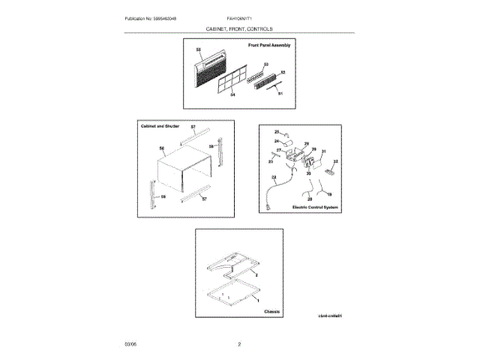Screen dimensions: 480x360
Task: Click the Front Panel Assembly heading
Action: pyautogui.click(x=268, y=46)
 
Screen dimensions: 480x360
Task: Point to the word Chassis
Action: pyautogui.click(x=271, y=310)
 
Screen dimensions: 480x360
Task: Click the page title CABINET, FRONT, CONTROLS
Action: pyautogui.click(x=240, y=28)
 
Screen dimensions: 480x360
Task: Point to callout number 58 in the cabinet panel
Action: pyautogui.click(x=211, y=146)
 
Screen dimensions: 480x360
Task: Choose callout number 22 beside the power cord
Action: pyautogui.click(x=274, y=178)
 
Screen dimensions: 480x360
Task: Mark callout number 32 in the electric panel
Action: pyautogui.click(x=336, y=161)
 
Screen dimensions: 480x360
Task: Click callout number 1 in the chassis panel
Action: pyautogui.click(x=259, y=299)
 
